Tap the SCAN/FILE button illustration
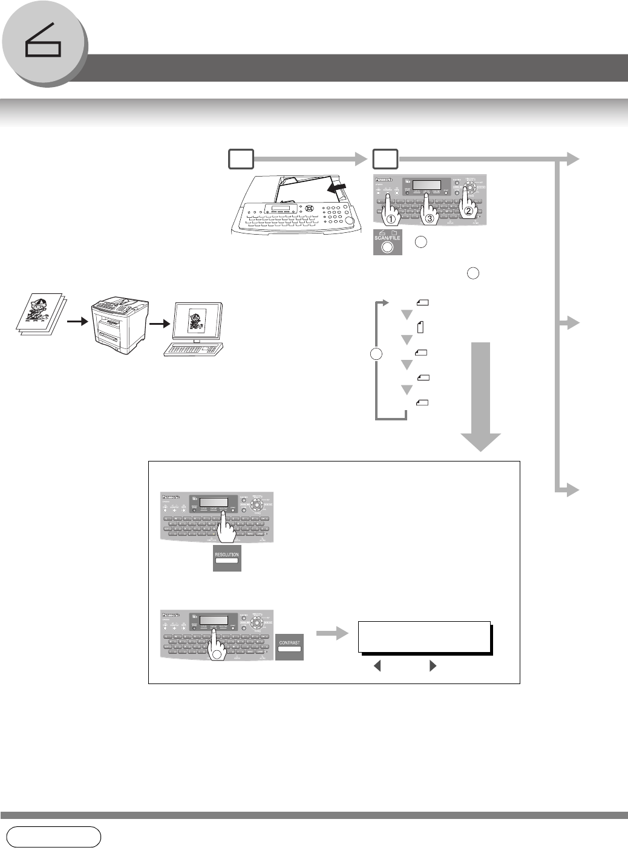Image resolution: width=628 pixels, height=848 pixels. [387, 242]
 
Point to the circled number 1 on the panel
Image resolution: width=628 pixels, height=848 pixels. [391, 219]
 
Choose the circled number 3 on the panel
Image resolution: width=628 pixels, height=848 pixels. [430, 219]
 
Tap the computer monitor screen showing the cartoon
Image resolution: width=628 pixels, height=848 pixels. [194, 321]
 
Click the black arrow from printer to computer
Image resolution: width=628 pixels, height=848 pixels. [157, 322]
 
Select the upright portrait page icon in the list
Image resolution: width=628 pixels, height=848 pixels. [420, 327]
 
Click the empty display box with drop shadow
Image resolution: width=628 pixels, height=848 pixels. [424, 636]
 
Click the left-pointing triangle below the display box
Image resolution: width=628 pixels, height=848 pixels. [378, 667]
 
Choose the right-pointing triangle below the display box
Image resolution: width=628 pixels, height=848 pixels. [433, 667]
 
